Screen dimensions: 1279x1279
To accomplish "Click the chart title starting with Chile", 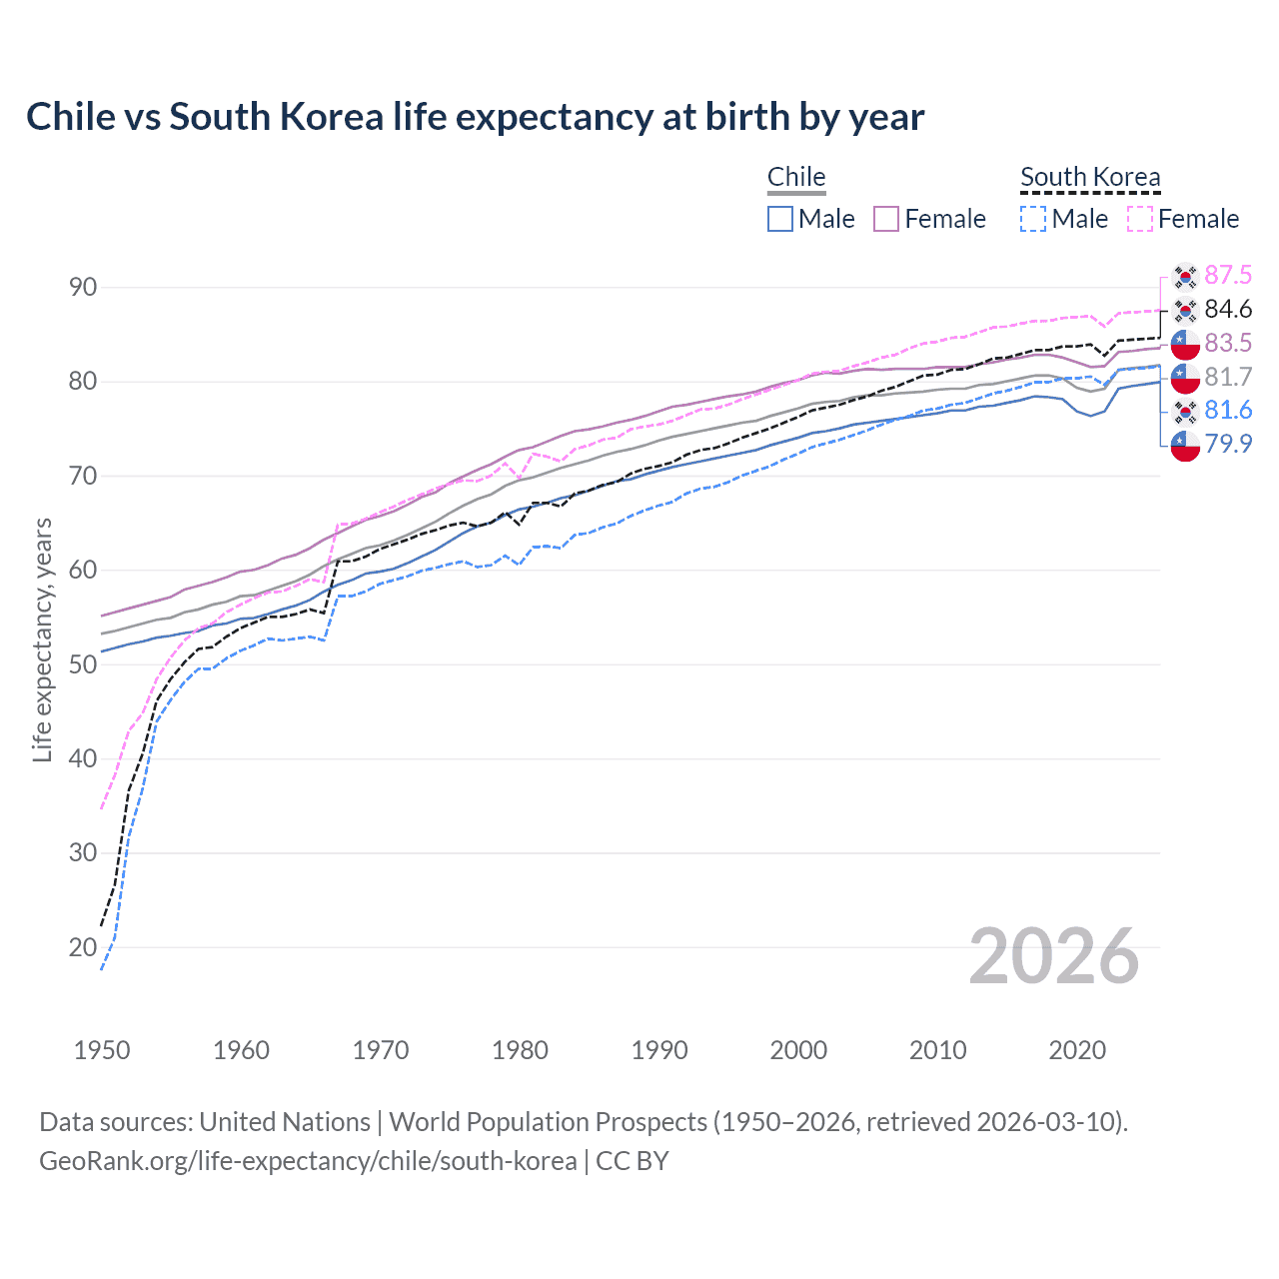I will pyautogui.click(x=475, y=117).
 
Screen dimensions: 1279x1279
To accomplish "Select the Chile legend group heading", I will pyautogui.click(x=796, y=177).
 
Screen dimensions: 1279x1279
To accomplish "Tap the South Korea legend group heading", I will pyautogui.click(x=1090, y=177).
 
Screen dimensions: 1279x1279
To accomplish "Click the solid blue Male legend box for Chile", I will pyautogui.click(x=780, y=219).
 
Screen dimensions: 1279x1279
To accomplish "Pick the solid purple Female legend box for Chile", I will pyautogui.click(x=886, y=219).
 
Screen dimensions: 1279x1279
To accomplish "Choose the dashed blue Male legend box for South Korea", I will pyautogui.click(x=1033, y=219).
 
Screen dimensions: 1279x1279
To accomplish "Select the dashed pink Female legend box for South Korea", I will pyautogui.click(x=1140, y=219).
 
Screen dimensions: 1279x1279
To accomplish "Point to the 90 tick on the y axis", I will pyautogui.click(x=83, y=288).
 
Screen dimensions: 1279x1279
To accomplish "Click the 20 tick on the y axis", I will pyautogui.click(x=83, y=947).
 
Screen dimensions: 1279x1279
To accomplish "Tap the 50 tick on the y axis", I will pyautogui.click(x=83, y=664).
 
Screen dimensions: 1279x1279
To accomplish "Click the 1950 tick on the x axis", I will pyautogui.click(x=102, y=1050).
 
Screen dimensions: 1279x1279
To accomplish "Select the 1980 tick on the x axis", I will pyautogui.click(x=520, y=1050).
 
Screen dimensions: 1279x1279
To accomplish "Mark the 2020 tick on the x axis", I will pyautogui.click(x=1077, y=1050).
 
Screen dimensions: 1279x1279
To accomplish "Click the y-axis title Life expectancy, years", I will pyautogui.click(x=42, y=639).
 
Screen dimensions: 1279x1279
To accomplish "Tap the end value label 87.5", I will pyautogui.click(x=1228, y=275).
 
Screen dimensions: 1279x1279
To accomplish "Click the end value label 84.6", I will pyautogui.click(x=1228, y=309).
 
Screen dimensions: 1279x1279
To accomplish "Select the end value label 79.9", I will pyautogui.click(x=1228, y=444).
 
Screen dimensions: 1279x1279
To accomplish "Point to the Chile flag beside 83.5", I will pyautogui.click(x=1185, y=343).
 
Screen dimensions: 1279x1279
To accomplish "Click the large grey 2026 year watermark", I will pyautogui.click(x=1054, y=956).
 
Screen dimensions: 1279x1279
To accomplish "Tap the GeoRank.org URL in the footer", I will pyautogui.click(x=308, y=1161).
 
